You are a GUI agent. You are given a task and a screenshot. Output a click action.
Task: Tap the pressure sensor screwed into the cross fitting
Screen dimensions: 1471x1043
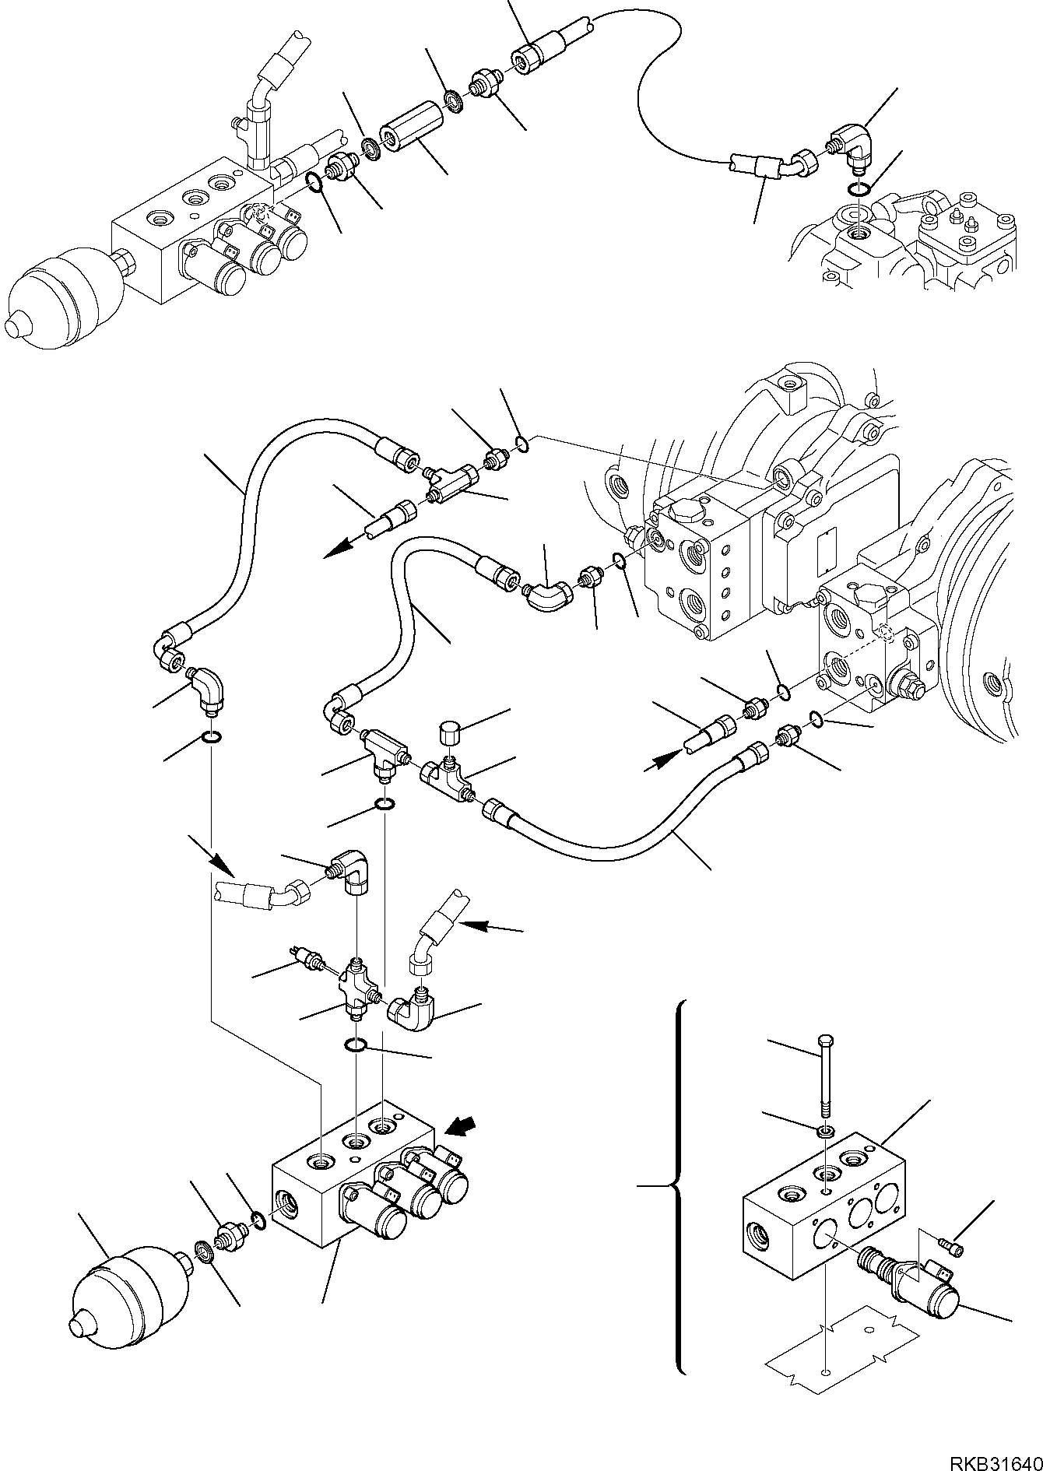pyautogui.click(x=307, y=957)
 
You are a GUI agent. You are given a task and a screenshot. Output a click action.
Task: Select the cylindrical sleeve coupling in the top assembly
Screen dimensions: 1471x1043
pyautogui.click(x=411, y=128)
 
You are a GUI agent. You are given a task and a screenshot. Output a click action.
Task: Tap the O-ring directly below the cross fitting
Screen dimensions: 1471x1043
pyautogui.click(x=356, y=1045)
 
